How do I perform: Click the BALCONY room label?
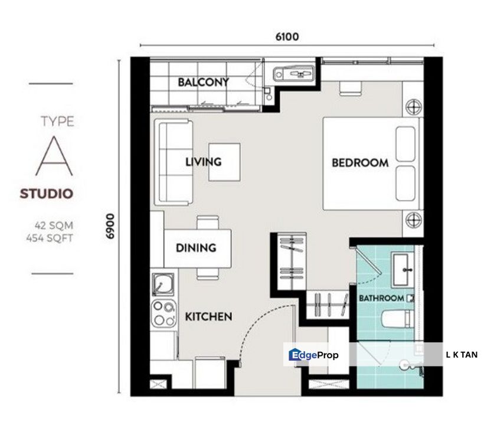click(204, 82)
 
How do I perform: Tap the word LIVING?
click(204, 162)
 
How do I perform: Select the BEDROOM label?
click(360, 163)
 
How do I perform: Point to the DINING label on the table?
click(196, 247)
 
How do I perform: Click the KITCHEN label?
click(208, 316)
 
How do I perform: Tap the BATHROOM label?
click(381, 298)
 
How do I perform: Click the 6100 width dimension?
click(287, 37)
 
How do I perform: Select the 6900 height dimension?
click(110, 226)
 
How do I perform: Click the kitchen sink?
click(163, 285)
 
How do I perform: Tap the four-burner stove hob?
click(163, 313)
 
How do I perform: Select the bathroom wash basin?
click(403, 269)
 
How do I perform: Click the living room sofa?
click(173, 162)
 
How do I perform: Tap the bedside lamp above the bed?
click(413, 107)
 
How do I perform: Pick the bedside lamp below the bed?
click(413, 220)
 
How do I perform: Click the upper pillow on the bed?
click(405, 144)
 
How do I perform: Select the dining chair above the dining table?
click(208, 223)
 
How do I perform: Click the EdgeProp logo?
click(313, 355)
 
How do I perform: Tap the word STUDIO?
click(47, 194)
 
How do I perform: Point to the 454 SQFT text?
click(50, 238)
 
